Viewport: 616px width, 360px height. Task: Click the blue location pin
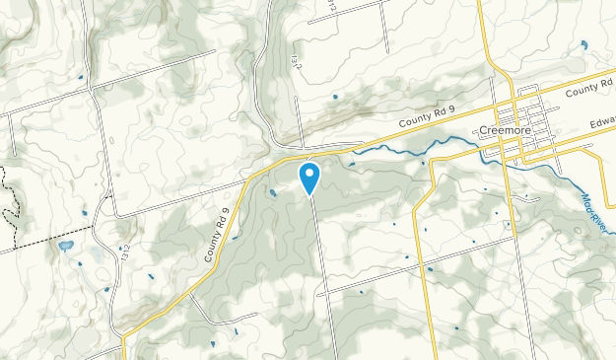(x=309, y=179)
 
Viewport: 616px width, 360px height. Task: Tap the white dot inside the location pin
(x=309, y=175)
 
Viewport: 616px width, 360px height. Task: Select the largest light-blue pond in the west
(x=66, y=246)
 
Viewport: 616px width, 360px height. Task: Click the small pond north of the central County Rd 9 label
(x=334, y=97)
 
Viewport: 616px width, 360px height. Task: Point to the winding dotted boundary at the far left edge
(x=9, y=197)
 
